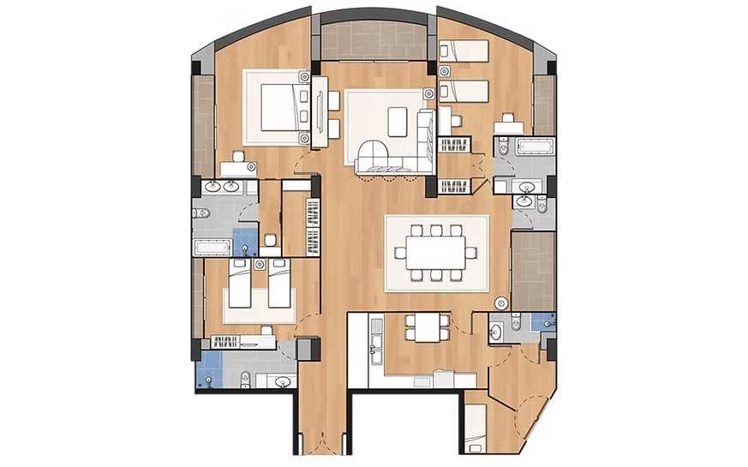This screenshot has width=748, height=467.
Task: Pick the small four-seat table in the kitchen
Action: [425, 326]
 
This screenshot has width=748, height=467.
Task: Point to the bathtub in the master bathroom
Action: [211, 249]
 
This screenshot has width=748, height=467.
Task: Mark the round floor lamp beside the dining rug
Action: [501, 302]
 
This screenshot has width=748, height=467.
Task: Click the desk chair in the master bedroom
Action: [236, 157]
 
